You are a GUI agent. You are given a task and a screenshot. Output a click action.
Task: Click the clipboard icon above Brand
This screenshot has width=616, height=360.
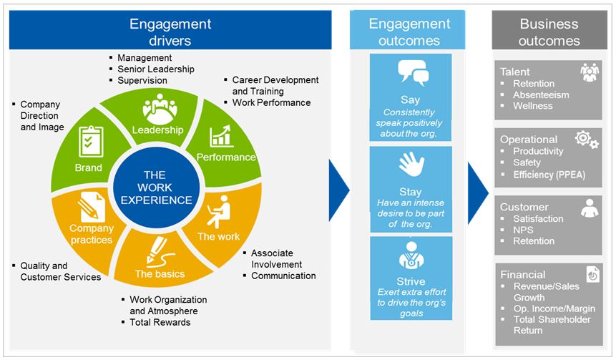tap(90, 141)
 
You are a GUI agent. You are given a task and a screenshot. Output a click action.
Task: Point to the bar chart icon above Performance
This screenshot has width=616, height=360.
tap(220, 135)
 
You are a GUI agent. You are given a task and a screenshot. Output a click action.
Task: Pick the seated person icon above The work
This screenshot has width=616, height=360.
tap(220, 213)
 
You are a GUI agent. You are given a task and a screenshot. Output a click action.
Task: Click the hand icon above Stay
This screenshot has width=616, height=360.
tap(411, 166)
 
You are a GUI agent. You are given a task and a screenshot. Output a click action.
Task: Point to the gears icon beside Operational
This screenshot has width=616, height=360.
tap(586, 140)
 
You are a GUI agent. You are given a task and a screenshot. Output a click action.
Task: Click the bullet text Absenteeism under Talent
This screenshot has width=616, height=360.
tap(541, 94)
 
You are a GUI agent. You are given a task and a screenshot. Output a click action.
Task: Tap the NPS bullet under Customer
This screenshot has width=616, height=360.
tap(523, 230)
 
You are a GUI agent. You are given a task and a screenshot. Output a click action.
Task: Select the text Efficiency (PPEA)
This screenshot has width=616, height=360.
tap(553, 174)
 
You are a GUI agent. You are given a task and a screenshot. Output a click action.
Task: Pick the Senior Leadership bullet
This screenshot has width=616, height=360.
tap(155, 69)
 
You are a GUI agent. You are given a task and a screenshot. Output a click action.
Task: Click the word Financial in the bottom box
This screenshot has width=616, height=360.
tap(522, 274)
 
